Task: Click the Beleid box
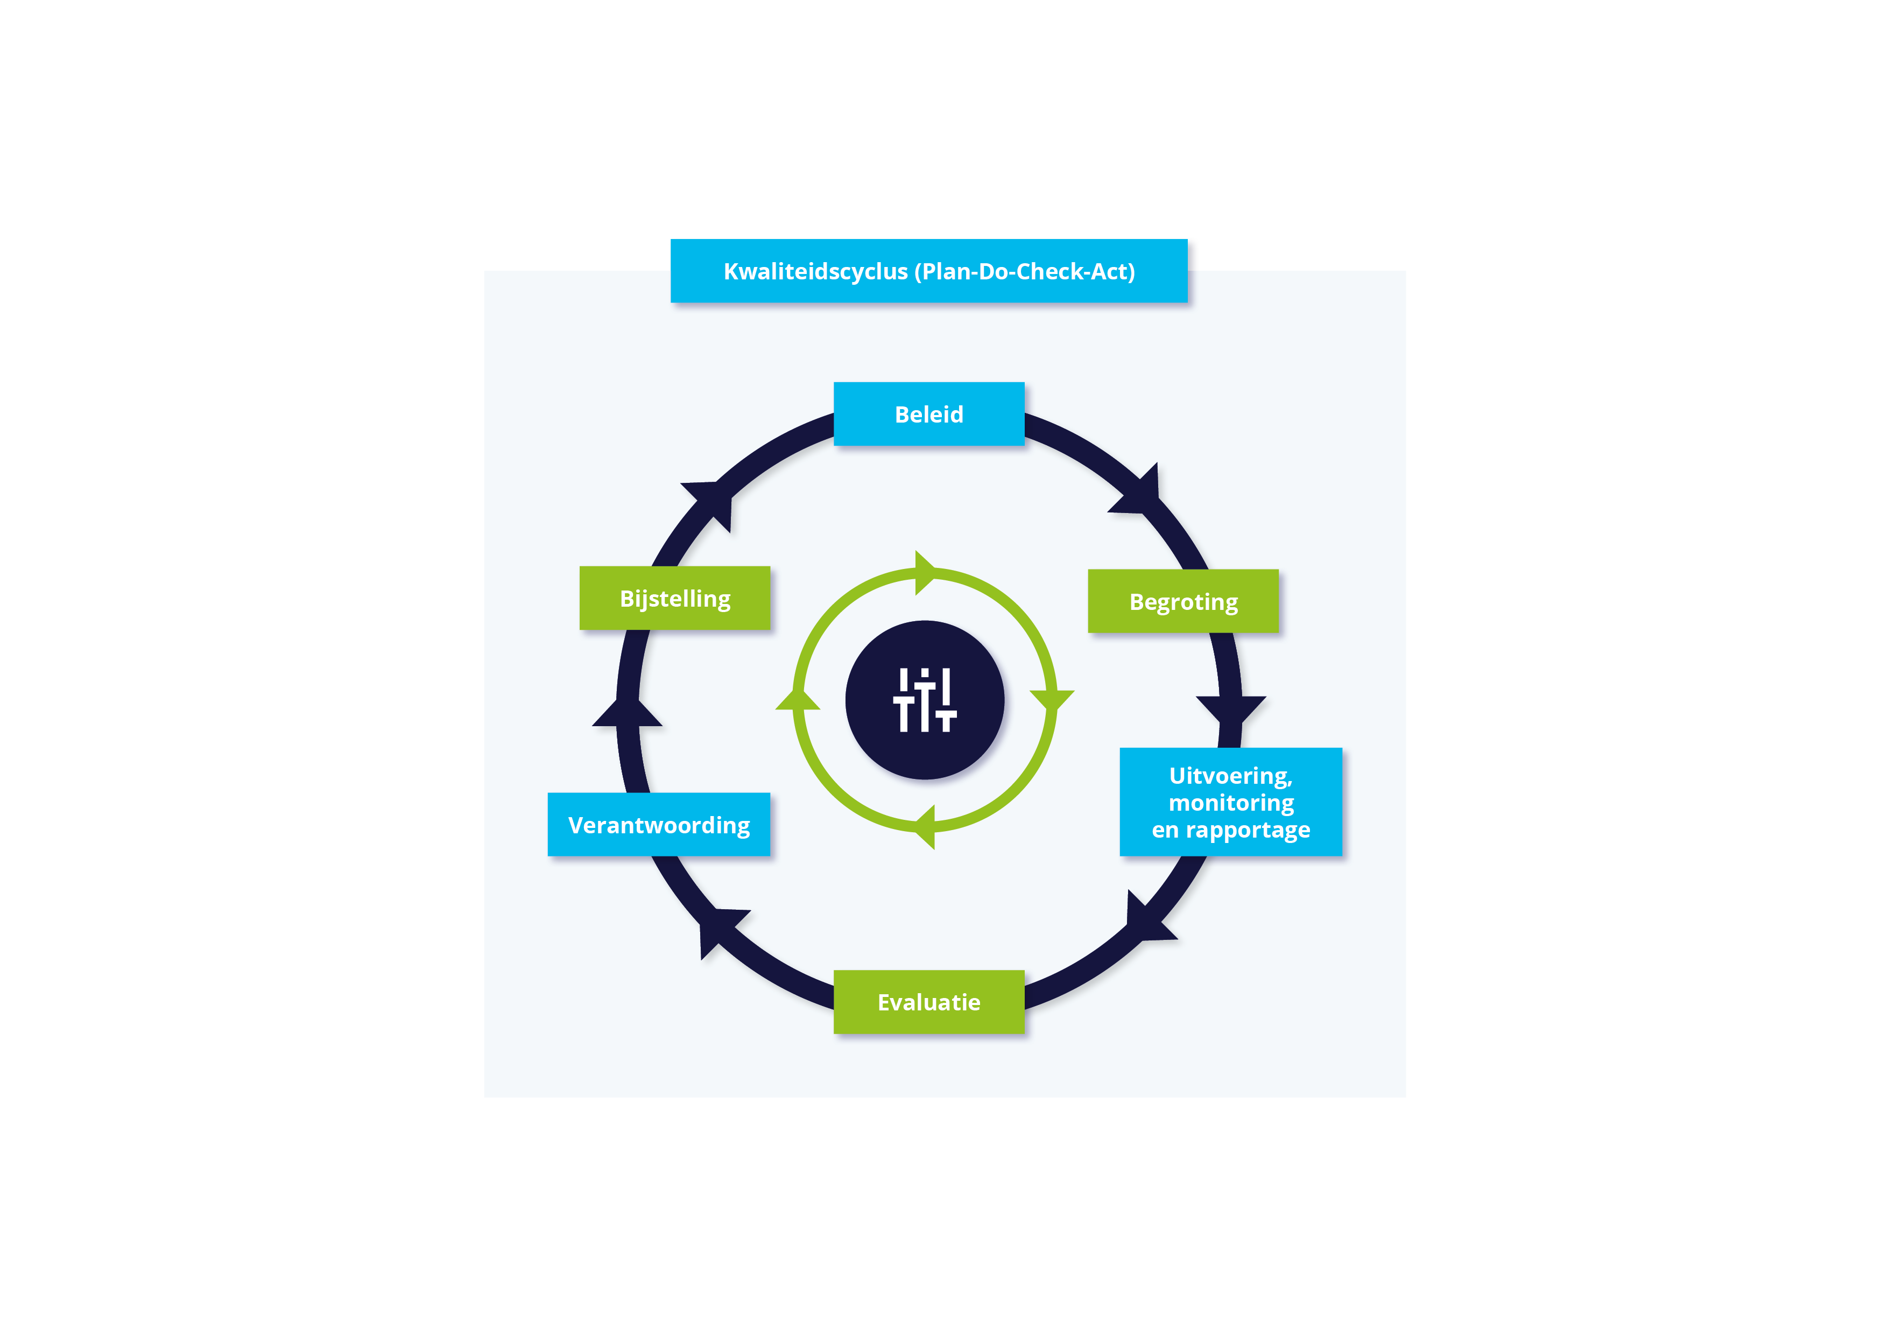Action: pyautogui.click(x=928, y=414)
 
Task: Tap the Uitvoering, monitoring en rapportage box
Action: pyautogui.click(x=1230, y=802)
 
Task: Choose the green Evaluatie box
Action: pyautogui.click(x=928, y=1002)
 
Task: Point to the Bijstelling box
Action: pyautogui.click(x=674, y=598)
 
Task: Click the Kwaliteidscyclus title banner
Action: pyautogui.click(x=928, y=271)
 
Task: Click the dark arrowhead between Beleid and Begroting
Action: pyautogui.click(x=1139, y=493)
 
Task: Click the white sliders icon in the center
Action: pyautogui.click(x=924, y=700)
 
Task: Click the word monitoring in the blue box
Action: pyautogui.click(x=1230, y=802)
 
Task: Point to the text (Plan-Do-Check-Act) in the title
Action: pyautogui.click(x=1025, y=271)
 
